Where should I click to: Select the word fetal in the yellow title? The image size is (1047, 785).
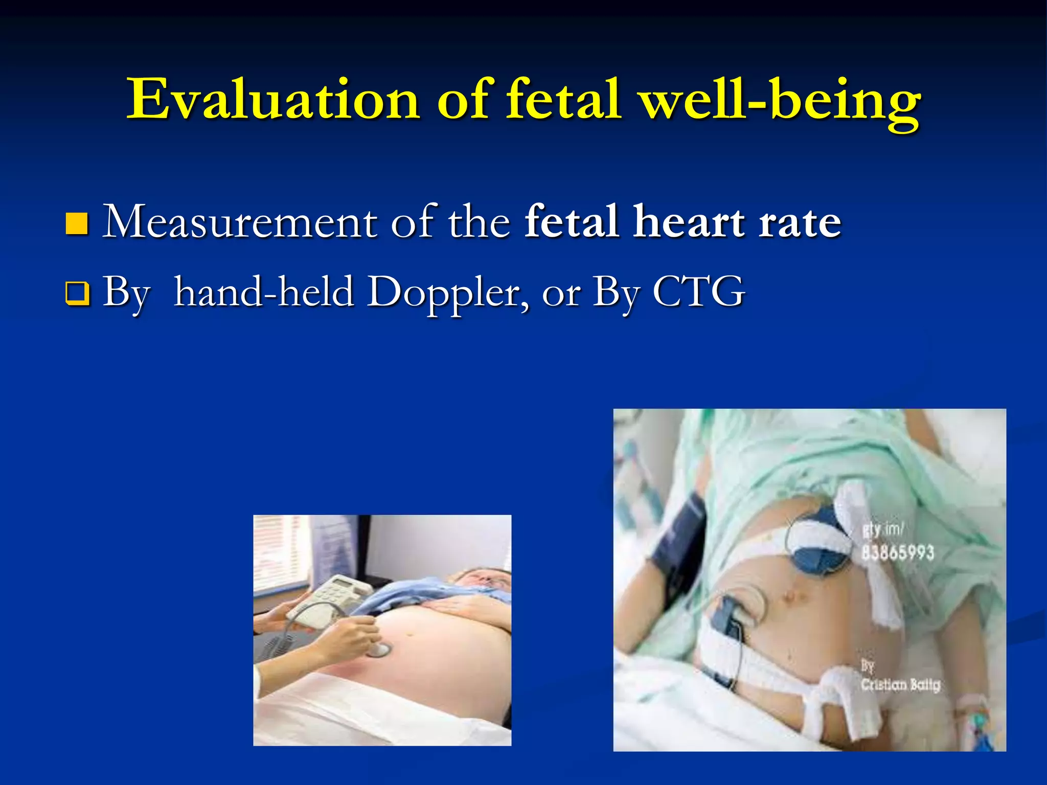click(563, 100)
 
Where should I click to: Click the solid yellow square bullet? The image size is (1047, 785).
click(77, 224)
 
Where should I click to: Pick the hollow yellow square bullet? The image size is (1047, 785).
click(77, 294)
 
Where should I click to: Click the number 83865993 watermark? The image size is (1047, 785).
click(897, 552)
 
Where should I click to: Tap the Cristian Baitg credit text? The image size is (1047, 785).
click(900, 684)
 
